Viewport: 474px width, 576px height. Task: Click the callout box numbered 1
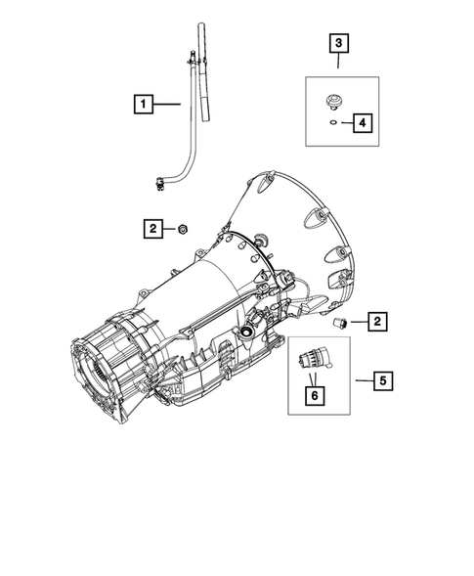tap(144, 103)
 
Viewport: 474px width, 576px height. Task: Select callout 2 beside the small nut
tap(153, 229)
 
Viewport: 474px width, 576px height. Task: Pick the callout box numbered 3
tap(338, 43)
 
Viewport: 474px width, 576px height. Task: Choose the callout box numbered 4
tap(363, 122)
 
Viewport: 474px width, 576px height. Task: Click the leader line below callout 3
tap(338, 62)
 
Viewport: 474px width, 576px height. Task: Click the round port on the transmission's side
tap(247, 334)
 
